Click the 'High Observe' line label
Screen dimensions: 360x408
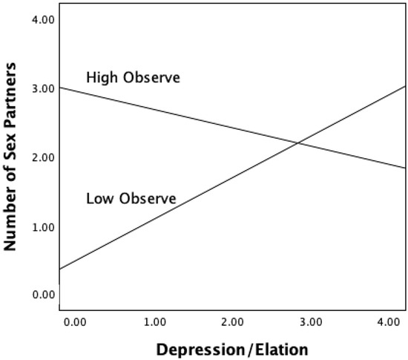[x=133, y=77]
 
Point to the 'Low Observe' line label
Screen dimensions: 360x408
[x=131, y=199]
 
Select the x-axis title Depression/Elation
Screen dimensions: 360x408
[x=232, y=348]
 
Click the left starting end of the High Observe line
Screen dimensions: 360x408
[x=60, y=88]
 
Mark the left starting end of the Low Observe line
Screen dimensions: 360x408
[x=60, y=269]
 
